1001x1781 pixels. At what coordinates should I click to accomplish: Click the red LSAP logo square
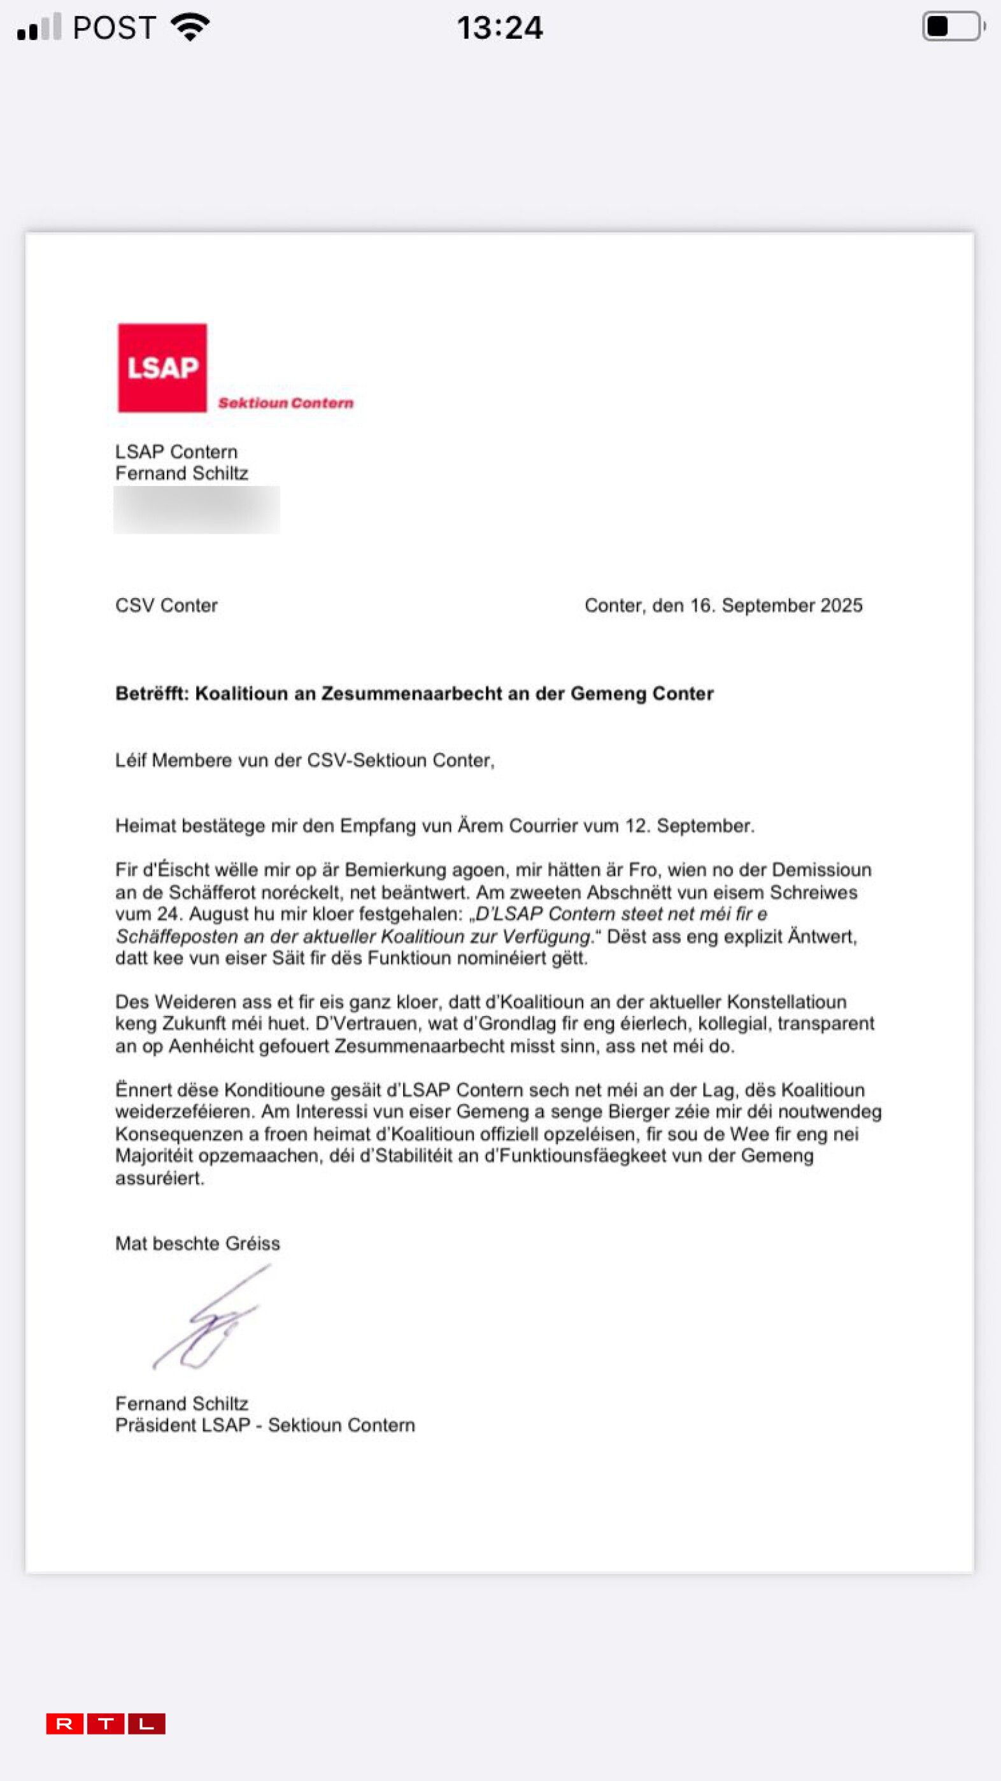[x=162, y=368]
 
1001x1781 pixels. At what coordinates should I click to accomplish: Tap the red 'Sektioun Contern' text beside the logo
[x=285, y=403]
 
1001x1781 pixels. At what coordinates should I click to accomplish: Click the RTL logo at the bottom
[x=106, y=1724]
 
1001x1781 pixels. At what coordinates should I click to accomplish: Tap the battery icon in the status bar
[x=953, y=27]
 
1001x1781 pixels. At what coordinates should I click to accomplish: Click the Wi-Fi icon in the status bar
[x=190, y=27]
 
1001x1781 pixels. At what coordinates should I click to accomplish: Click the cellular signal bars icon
[x=39, y=27]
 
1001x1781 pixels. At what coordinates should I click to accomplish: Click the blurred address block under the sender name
[x=197, y=510]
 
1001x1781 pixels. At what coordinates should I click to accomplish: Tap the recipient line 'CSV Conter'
[x=167, y=606]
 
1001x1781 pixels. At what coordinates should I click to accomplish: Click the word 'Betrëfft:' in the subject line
[x=152, y=694]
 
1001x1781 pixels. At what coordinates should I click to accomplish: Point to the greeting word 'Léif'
[x=131, y=761]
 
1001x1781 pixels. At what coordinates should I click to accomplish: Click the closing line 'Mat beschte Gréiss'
[x=197, y=1244]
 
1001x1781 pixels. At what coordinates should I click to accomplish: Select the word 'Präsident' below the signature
[x=148, y=1425]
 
